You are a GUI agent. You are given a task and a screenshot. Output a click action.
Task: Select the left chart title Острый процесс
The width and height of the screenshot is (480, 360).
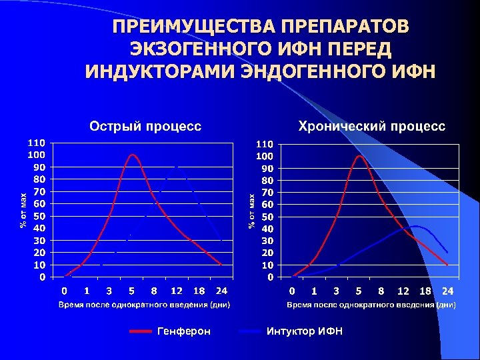(145, 125)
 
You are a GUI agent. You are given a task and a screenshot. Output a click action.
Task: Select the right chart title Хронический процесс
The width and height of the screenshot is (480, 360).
(372, 125)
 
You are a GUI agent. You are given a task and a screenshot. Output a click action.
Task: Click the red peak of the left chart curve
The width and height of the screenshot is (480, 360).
(133, 155)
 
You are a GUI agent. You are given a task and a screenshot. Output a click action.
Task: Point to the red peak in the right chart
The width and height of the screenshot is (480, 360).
(360, 156)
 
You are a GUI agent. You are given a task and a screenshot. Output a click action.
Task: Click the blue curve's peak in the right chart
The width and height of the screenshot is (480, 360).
(416, 227)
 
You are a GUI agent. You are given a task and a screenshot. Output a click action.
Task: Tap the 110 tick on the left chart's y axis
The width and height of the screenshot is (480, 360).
(37, 143)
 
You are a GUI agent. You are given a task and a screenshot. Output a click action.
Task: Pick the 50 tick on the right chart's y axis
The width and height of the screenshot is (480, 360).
(265, 216)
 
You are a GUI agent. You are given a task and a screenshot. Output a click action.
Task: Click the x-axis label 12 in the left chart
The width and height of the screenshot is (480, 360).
(176, 291)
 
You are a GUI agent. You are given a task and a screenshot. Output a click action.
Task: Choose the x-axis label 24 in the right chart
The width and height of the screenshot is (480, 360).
(447, 291)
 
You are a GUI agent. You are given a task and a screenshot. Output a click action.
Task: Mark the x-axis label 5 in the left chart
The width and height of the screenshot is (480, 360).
(131, 291)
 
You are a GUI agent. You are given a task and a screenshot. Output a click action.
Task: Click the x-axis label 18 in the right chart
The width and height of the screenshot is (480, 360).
(425, 291)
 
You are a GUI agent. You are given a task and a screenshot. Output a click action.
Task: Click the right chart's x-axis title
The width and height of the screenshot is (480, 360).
(371, 305)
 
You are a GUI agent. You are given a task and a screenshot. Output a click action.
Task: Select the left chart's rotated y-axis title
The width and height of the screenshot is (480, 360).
(23, 209)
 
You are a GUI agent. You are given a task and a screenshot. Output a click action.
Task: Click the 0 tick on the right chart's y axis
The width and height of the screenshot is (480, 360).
(269, 277)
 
